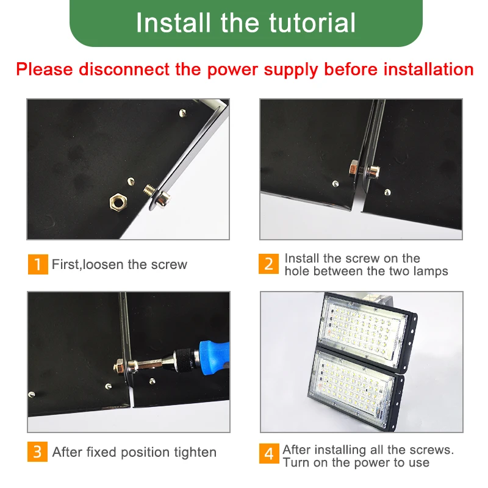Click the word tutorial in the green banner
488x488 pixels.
tap(312, 23)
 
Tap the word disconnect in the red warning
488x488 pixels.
tap(124, 69)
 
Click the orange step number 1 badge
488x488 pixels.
tap(38, 264)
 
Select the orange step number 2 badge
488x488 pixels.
tap(268, 264)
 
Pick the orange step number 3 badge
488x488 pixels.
tap(37, 451)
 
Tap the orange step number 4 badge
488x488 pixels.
tap(269, 453)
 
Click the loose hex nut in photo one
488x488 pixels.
tap(118, 203)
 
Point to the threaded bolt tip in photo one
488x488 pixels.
tap(149, 190)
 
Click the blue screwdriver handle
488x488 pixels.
tap(215, 357)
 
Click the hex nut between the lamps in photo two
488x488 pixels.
tap(354, 170)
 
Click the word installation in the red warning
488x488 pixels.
tap(429, 69)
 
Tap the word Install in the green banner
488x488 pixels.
tap(173, 23)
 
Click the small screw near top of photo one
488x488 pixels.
tap(182, 113)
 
